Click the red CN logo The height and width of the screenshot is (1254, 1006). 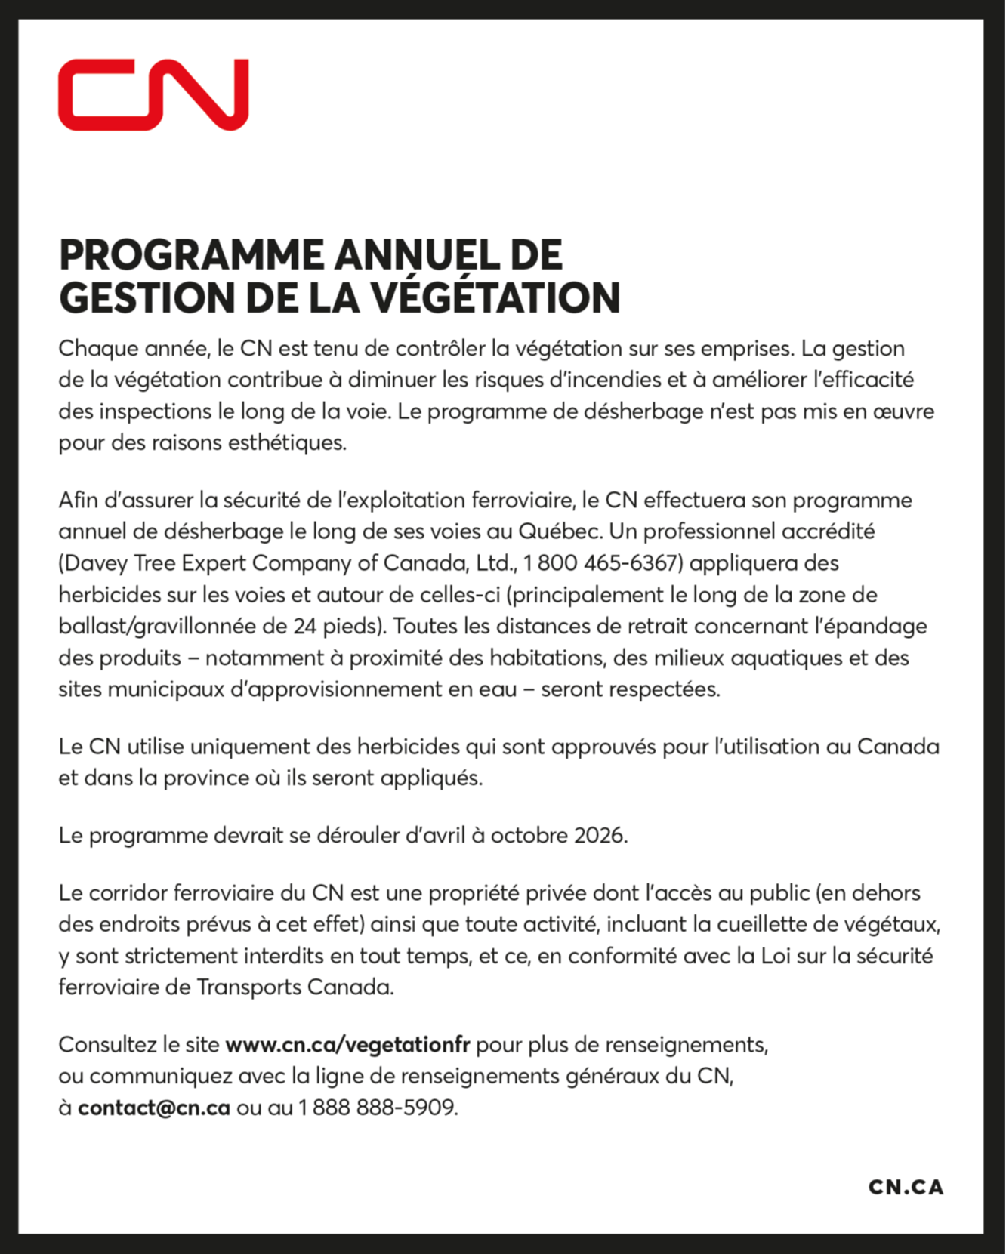(153, 94)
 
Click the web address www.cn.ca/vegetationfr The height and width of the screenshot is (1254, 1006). (347, 1045)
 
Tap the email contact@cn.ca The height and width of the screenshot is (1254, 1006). (153, 1108)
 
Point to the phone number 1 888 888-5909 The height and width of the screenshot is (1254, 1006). (377, 1108)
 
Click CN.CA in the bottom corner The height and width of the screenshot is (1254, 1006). (906, 1187)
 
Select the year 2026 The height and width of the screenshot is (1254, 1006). (600, 836)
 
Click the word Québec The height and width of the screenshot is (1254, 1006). (560, 531)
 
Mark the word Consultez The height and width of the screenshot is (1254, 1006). (107, 1045)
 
